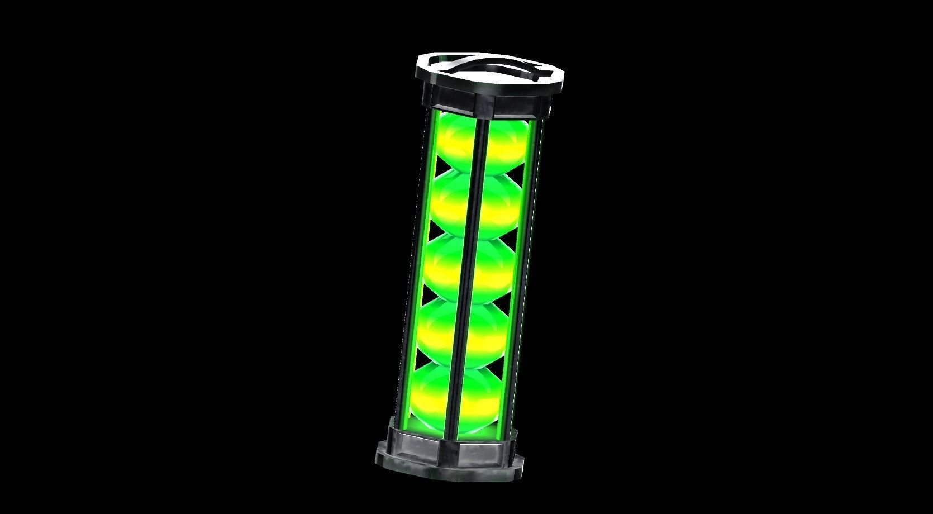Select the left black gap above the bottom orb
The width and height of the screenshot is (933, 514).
[419, 358]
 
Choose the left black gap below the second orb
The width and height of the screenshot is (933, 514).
[433, 229]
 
